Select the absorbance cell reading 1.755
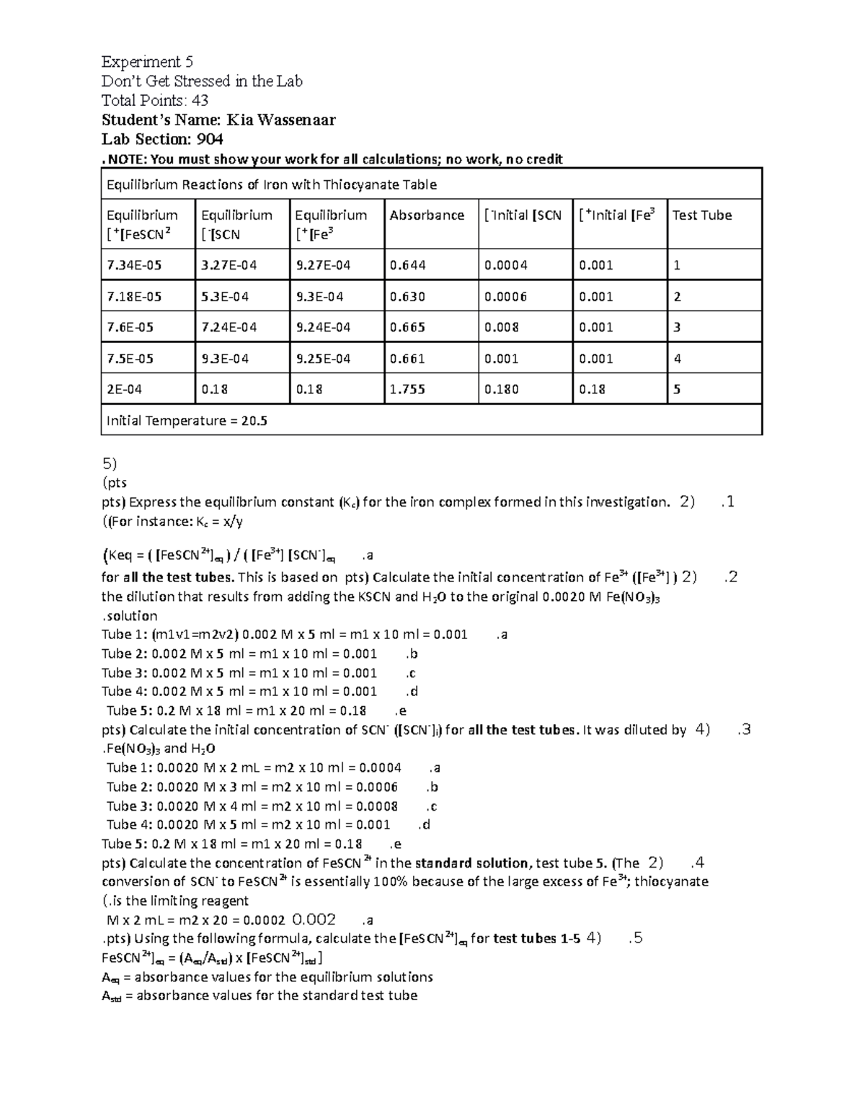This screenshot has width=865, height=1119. tap(407, 389)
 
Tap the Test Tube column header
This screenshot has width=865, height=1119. tap(701, 215)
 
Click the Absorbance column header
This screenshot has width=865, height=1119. tap(427, 215)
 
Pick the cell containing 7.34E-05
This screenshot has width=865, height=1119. tap(134, 265)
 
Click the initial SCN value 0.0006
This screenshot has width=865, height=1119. tap(505, 296)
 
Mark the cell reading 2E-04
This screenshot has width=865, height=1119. tap(124, 389)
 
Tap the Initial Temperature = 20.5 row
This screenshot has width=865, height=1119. tap(187, 421)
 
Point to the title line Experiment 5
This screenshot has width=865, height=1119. tap(147, 62)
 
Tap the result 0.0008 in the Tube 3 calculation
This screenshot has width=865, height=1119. tap(378, 806)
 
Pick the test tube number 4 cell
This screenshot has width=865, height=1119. tap(677, 359)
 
